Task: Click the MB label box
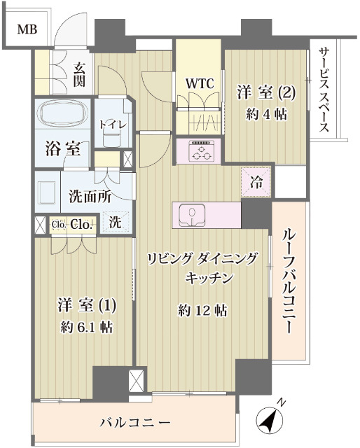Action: pos(27,29)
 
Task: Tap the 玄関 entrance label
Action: pos(78,74)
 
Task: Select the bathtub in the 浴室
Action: pos(62,115)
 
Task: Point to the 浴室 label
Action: pos(62,148)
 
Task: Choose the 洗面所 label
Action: pos(90,197)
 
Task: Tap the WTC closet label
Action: pos(199,83)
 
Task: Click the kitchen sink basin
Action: pos(192,215)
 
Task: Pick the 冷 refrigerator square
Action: pos(256,183)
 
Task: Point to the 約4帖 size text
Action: pos(266,114)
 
